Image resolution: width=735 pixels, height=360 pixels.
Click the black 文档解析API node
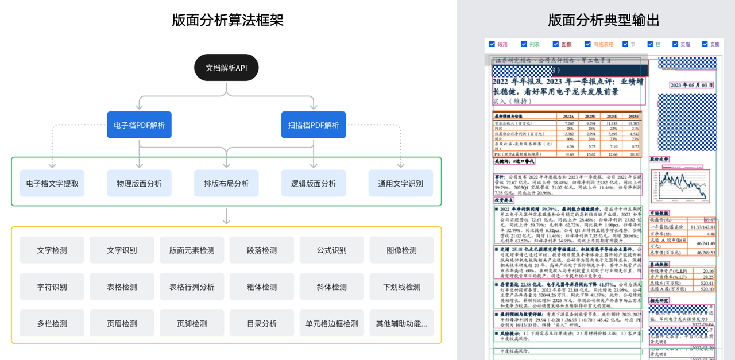coord(226,68)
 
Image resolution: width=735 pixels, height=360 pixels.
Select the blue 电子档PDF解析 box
coord(139,125)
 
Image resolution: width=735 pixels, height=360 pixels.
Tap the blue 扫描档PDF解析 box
coord(314,125)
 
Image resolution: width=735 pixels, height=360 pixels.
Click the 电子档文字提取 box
coord(52,183)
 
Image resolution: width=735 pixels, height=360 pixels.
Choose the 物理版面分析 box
coord(139,183)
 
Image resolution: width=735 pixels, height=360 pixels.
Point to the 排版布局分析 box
coord(226,183)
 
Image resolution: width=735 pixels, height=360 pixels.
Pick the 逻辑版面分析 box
coord(314,183)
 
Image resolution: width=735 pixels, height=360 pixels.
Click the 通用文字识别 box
coord(401,183)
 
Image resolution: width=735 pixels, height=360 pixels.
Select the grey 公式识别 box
coord(331,250)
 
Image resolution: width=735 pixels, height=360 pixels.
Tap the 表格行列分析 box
coord(192,287)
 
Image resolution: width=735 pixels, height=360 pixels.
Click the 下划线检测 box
coord(401,287)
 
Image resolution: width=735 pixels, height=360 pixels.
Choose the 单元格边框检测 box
coord(331,323)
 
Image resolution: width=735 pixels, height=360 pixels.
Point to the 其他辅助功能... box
coord(401,323)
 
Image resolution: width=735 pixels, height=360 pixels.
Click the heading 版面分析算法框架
coord(227,20)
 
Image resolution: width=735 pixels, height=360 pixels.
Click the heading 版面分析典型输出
coord(604,20)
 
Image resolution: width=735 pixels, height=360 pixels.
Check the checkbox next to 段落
coord(492,44)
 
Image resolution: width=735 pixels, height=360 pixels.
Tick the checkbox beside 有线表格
coord(588,44)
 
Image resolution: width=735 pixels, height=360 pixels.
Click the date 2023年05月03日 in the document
coord(691,85)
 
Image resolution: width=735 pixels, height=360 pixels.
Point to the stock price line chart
coord(683,184)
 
